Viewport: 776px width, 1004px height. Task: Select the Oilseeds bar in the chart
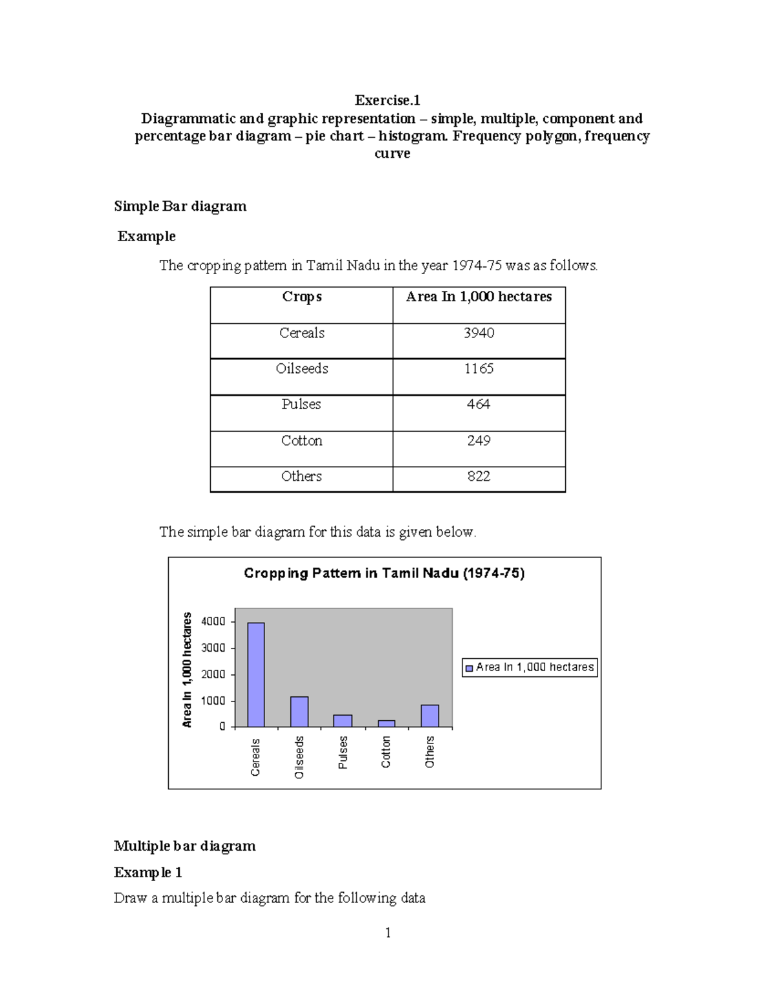[x=299, y=712]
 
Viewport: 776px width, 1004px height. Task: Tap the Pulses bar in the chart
[x=343, y=721]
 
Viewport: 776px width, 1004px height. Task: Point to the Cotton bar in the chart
[x=386, y=723]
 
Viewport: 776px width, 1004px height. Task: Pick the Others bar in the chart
[x=430, y=716]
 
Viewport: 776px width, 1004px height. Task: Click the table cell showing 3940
[x=479, y=333]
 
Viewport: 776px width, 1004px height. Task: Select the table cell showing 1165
[x=479, y=368]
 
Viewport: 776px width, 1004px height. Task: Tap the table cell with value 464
[x=479, y=404]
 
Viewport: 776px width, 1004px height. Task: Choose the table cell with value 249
[x=479, y=440]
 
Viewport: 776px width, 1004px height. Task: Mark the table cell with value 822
[x=479, y=476]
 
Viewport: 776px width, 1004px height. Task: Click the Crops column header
[x=301, y=297]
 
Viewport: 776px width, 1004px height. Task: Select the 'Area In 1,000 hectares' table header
[x=479, y=297]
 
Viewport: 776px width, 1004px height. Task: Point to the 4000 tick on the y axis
[x=213, y=622]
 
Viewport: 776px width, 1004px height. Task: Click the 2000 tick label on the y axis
[x=213, y=674]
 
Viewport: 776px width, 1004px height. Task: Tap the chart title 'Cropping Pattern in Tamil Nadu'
[x=384, y=573]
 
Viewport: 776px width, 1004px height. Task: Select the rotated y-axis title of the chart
[x=188, y=669]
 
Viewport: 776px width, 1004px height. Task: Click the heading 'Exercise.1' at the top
[x=387, y=100]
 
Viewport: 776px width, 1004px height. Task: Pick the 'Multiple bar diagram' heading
[x=185, y=846]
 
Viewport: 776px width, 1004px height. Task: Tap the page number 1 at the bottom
[x=388, y=932]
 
